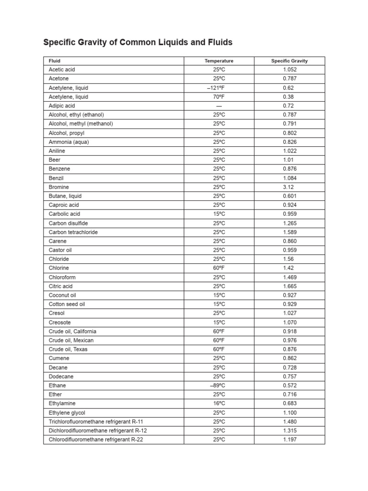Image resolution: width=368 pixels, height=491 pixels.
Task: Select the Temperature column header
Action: pyautogui.click(x=219, y=61)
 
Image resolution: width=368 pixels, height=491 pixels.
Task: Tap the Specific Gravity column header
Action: pyautogui.click(x=289, y=61)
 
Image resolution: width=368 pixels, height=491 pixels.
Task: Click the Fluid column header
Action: pyautogui.click(x=55, y=61)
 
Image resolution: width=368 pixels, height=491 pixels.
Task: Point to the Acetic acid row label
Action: pyautogui.click(x=62, y=70)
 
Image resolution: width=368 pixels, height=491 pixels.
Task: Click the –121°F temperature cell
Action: pyautogui.click(x=219, y=88)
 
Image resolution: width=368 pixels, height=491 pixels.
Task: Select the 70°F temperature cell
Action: pyautogui.click(x=219, y=97)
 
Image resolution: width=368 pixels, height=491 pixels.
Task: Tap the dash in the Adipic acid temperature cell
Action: pyautogui.click(x=219, y=106)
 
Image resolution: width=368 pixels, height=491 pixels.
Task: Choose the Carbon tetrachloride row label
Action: pyautogui.click(x=73, y=232)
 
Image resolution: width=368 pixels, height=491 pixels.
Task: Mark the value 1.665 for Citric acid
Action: pyautogui.click(x=290, y=286)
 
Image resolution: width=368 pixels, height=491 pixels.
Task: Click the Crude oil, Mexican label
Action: pyautogui.click(x=71, y=340)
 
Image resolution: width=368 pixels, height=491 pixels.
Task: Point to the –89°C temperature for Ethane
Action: pyautogui.click(x=219, y=386)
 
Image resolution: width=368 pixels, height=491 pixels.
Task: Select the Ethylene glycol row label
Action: pyautogui.click(x=67, y=412)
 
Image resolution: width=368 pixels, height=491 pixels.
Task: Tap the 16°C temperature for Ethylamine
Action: pyautogui.click(x=219, y=404)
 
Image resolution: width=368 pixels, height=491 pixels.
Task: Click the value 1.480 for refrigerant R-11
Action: pyautogui.click(x=290, y=421)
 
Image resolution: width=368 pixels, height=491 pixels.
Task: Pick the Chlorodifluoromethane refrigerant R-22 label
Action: pyautogui.click(x=96, y=440)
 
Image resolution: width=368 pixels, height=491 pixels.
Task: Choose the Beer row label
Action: pyautogui.click(x=55, y=160)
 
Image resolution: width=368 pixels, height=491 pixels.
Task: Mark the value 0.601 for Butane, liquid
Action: pyautogui.click(x=290, y=196)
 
